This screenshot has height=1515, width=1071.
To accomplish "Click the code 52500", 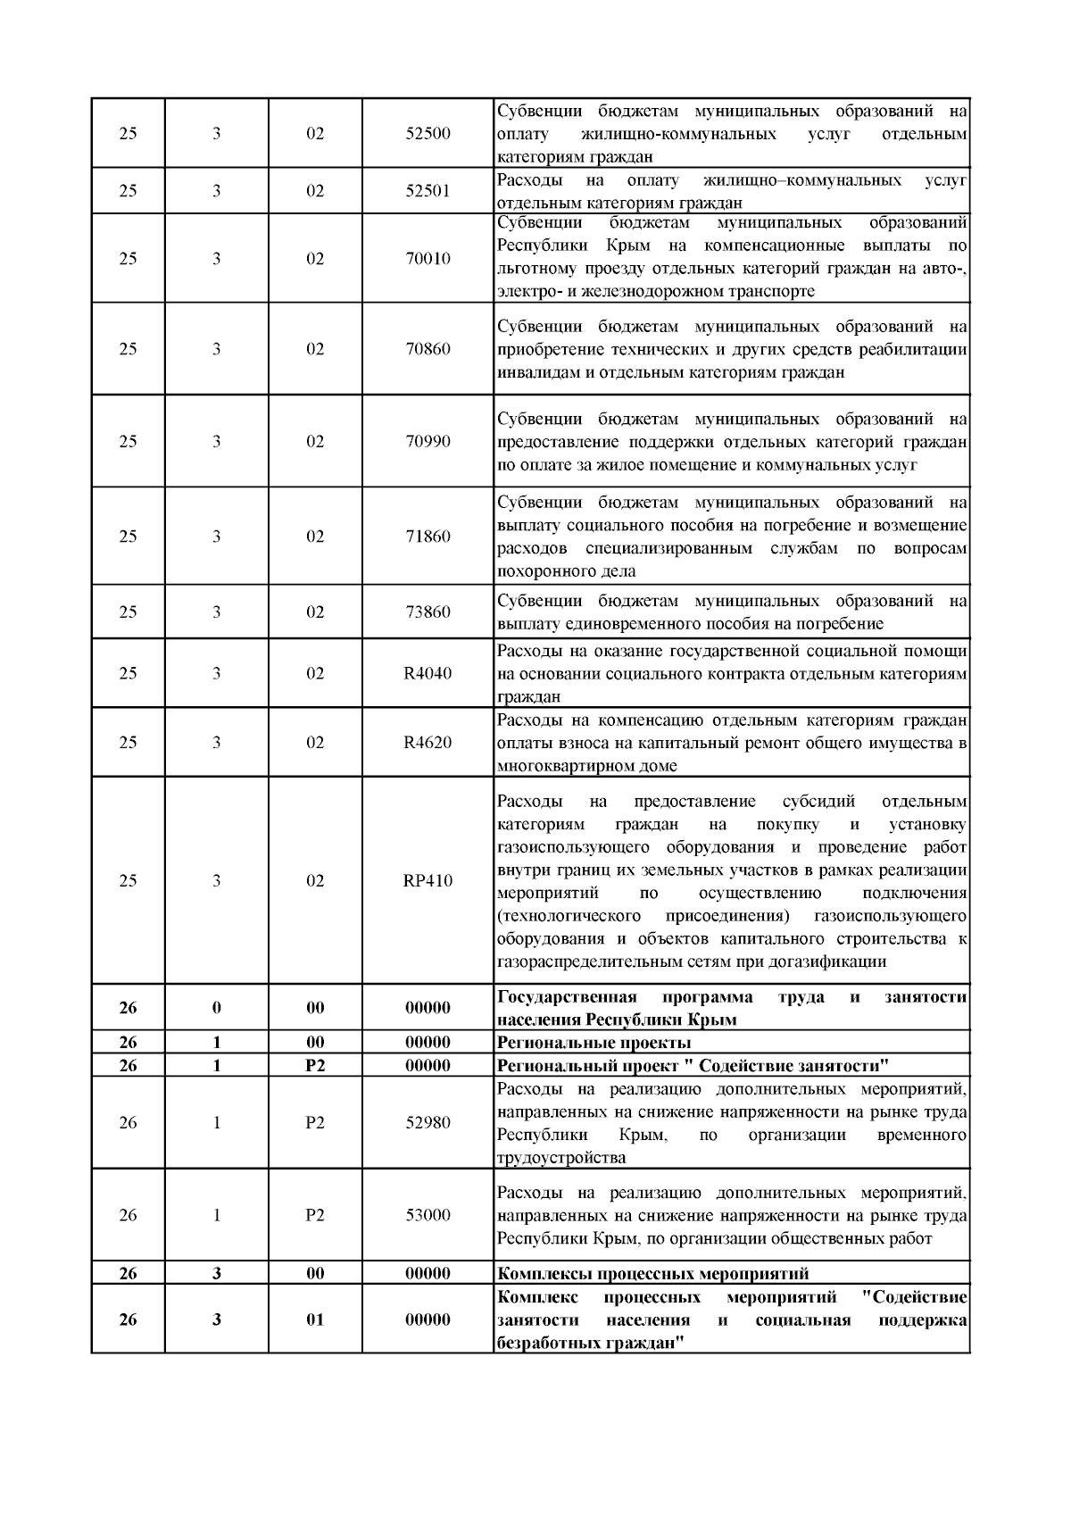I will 428,134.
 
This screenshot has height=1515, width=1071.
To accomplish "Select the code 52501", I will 428,191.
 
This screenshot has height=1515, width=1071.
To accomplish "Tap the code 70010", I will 428,259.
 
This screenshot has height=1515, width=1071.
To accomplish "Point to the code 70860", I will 428,349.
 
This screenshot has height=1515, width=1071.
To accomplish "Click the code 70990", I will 428,442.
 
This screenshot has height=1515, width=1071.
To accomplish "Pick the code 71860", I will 428,537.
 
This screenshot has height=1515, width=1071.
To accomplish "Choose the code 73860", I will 428,612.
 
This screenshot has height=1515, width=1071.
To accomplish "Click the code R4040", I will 428,673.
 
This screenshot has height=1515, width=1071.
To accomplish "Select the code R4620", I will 428,743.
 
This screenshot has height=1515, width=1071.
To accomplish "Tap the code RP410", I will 428,881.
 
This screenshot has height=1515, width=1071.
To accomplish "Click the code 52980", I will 428,1123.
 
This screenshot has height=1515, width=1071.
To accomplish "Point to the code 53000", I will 428,1215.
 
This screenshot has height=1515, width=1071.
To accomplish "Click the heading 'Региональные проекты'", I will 594,1043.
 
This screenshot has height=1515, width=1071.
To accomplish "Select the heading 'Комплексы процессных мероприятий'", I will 652,1274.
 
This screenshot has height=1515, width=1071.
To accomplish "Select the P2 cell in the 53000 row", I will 315,1215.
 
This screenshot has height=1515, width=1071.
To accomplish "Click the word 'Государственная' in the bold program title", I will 567,997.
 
